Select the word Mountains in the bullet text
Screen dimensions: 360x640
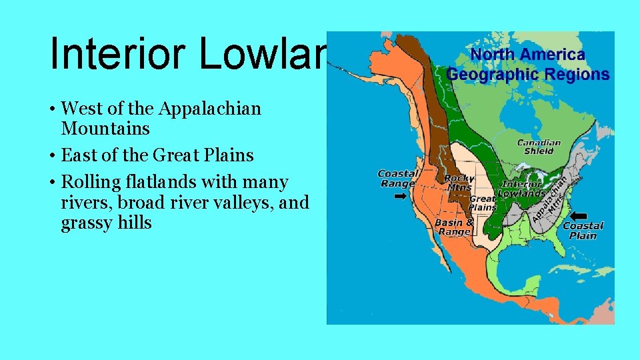105,128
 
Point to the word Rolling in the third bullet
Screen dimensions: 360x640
87,182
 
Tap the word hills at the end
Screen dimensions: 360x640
136,222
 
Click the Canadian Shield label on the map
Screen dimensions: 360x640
539,147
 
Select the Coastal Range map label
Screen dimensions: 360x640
398,179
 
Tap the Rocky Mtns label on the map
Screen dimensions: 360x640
459,182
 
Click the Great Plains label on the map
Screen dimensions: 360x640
483,203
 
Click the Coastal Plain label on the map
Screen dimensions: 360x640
583,231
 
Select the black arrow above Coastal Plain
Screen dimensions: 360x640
579,215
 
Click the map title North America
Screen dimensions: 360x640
526,55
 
